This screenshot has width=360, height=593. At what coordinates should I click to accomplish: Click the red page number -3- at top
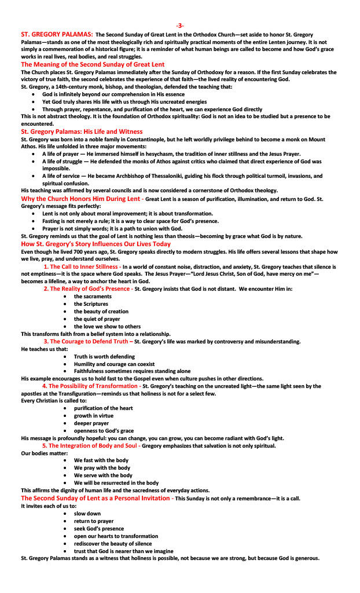pyautogui.click(x=180, y=26)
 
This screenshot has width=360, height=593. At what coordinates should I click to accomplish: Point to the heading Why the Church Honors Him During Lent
pyautogui.click(x=80, y=199)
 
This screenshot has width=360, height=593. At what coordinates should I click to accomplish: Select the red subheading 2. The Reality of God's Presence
pyautogui.click(x=86, y=288)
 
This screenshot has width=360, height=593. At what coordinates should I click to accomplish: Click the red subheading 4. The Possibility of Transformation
pyautogui.click(x=91, y=386)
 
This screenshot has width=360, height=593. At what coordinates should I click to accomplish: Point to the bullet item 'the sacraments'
pyautogui.click(x=93, y=296)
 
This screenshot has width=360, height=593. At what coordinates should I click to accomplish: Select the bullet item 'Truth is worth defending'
pyautogui.click(x=104, y=357)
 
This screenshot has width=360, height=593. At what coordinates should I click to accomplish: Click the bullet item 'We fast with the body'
pyautogui.click(x=101, y=460)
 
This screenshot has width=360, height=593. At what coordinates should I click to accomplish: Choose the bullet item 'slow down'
pyautogui.click(x=87, y=514)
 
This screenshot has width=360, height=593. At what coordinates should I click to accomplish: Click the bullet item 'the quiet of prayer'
pyautogui.click(x=97, y=319)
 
